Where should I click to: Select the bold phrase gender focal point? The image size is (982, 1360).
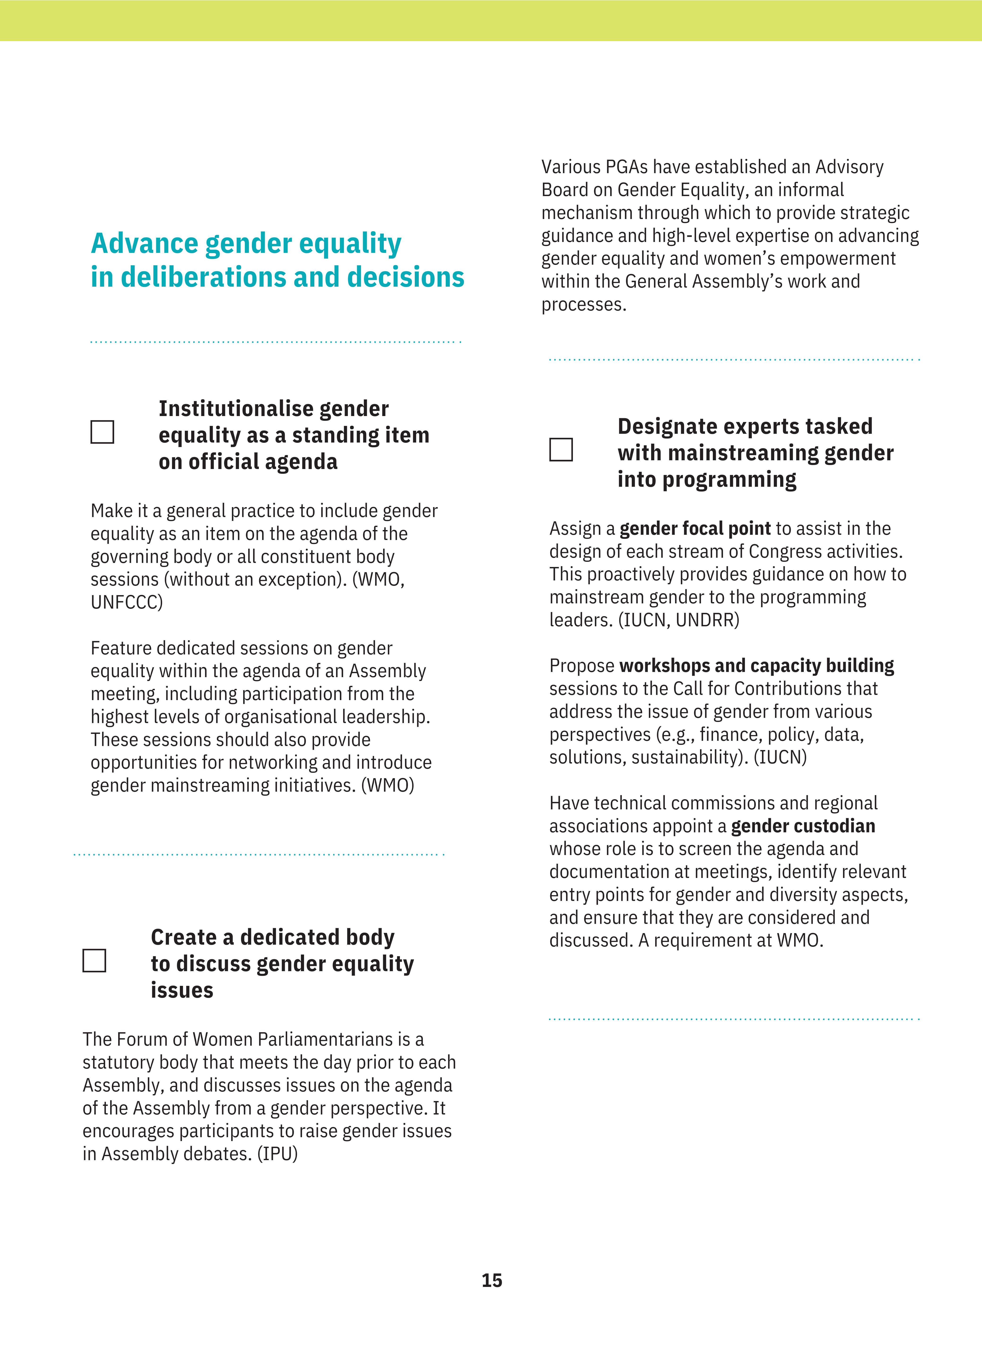pyautogui.click(x=695, y=528)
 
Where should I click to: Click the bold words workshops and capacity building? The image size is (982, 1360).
pyautogui.click(x=756, y=666)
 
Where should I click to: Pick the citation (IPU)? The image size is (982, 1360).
pyautogui.click(x=277, y=1154)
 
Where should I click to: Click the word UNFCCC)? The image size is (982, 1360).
pyautogui.click(x=126, y=602)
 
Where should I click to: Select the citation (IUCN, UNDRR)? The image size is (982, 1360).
pyautogui.click(x=679, y=620)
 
